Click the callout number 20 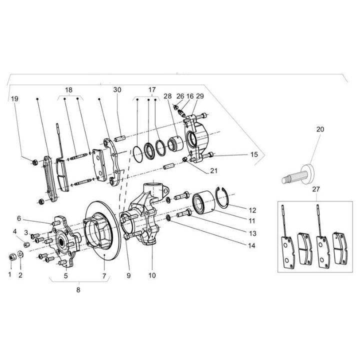point(320,129)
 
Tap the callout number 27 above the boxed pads point(316,189)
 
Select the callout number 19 point(14,99)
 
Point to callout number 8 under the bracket point(78,290)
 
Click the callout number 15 point(254,154)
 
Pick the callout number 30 point(117,90)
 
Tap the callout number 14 point(251,245)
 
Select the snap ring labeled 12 point(222,197)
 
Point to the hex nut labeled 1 point(11,257)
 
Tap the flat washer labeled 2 point(20,254)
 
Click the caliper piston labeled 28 point(175,143)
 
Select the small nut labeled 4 point(27,244)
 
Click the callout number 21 point(214,171)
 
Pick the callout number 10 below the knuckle point(152,275)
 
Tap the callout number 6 point(19,218)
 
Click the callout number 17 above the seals point(152,90)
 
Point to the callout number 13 point(252,233)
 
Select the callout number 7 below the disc point(104,275)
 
